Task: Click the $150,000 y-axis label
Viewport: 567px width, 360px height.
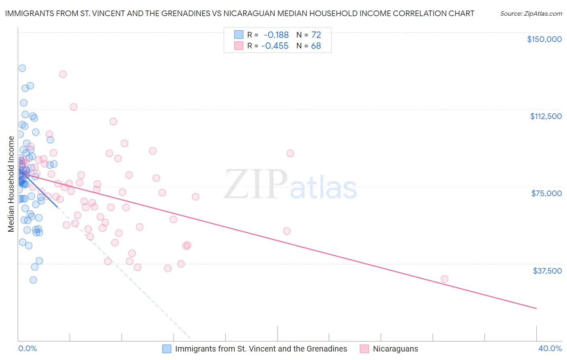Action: click(x=544, y=39)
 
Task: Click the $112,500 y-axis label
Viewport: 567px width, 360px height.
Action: click(x=546, y=116)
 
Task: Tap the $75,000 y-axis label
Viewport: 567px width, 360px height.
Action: click(x=546, y=193)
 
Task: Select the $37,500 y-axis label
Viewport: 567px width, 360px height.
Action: click(x=547, y=271)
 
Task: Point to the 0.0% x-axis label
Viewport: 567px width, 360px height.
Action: click(x=27, y=348)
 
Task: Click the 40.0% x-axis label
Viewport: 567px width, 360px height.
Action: click(x=550, y=348)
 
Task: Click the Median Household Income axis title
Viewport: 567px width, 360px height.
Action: click(x=11, y=184)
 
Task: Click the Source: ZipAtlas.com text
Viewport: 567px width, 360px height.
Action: click(x=531, y=14)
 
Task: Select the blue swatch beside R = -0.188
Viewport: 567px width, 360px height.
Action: click(x=239, y=35)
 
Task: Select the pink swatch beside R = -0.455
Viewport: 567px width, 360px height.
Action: click(x=239, y=46)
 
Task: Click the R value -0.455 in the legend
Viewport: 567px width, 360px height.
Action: click(x=275, y=46)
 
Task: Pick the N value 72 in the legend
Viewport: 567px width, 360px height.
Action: click(x=316, y=35)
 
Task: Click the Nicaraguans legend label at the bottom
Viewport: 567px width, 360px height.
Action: click(x=395, y=349)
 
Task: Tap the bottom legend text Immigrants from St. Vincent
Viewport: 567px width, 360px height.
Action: click(x=261, y=349)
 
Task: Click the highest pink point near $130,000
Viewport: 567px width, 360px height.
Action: click(x=63, y=74)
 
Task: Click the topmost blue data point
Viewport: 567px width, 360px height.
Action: click(x=22, y=68)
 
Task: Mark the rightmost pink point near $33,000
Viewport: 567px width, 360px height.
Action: click(x=444, y=279)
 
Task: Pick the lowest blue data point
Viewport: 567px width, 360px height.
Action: click(x=33, y=280)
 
